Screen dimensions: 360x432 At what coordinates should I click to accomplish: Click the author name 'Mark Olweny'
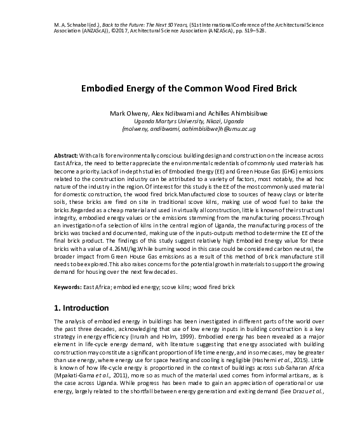click(x=127, y=113)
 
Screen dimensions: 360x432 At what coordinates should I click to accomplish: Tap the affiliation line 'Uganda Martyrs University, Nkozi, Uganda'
click(x=180, y=121)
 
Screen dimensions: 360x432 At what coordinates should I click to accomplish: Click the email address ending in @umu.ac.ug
click(x=180, y=128)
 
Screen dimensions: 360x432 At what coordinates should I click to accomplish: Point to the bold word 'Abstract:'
click(x=67, y=156)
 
